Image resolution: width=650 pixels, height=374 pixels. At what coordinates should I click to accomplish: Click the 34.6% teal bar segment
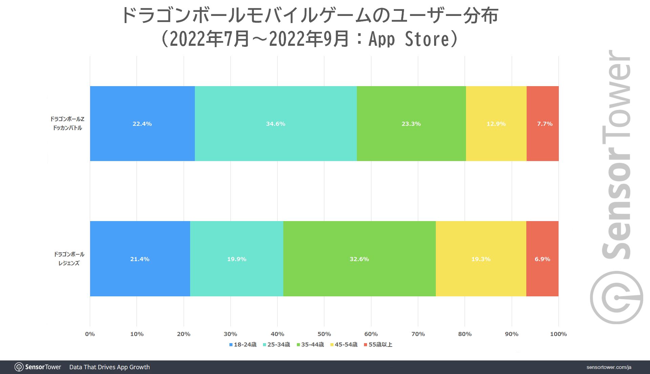[276, 124]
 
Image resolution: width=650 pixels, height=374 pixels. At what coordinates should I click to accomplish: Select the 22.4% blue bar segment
[142, 124]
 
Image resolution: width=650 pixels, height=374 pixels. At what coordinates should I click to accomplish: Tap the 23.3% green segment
[411, 124]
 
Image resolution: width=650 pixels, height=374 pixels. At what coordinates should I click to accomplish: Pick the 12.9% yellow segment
[496, 124]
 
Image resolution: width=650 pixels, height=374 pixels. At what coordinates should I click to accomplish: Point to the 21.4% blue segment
[140, 259]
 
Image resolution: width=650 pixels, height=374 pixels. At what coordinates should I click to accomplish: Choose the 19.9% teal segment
[237, 259]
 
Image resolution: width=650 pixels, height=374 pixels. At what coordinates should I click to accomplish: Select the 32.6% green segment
[359, 259]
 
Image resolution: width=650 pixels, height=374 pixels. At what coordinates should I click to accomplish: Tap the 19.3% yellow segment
[481, 259]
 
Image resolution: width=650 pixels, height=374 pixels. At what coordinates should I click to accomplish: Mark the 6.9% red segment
[542, 259]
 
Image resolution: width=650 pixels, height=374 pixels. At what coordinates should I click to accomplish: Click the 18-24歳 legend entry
[243, 345]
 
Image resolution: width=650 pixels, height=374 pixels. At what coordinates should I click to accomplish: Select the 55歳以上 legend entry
[378, 345]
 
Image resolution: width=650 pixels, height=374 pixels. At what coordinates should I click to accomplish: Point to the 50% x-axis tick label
[324, 334]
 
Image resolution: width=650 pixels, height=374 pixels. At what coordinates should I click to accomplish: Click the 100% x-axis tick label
[558, 334]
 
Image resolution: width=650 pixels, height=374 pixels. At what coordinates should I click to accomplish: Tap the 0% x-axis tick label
[90, 334]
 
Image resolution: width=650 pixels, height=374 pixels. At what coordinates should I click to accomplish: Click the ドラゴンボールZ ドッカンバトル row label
[67, 123]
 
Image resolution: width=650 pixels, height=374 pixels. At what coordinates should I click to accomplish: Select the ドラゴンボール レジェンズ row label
[69, 259]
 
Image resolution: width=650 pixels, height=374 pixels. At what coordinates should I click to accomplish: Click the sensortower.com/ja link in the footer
[609, 367]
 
